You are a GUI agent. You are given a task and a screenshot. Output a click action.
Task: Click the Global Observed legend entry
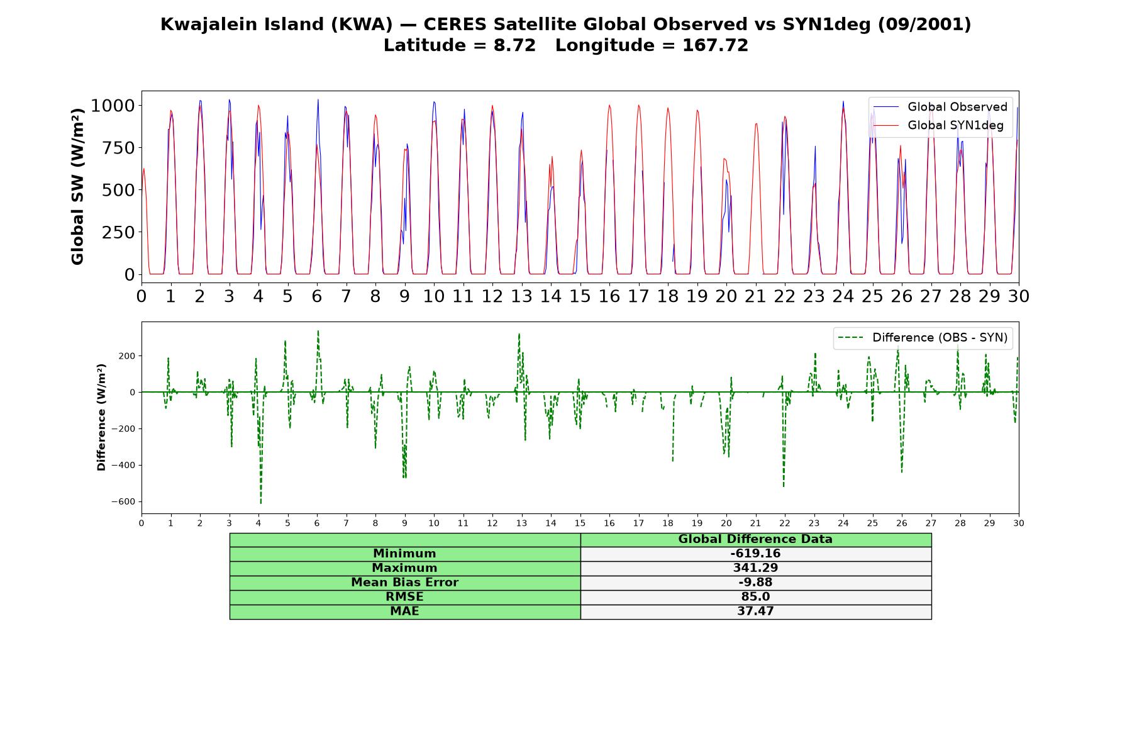tap(940, 107)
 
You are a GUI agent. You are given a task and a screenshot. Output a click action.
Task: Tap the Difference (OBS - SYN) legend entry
tap(923, 338)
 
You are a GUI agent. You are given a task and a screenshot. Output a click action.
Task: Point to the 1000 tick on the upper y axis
tap(113, 106)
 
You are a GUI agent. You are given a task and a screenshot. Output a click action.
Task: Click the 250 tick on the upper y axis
tap(118, 232)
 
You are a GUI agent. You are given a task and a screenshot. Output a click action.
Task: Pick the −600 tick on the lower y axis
tap(123, 502)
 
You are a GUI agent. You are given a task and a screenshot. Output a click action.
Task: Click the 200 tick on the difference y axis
tap(128, 356)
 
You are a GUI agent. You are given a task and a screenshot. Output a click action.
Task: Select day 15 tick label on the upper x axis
tap(580, 296)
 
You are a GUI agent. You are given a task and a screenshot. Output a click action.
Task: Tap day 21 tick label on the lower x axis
tap(755, 523)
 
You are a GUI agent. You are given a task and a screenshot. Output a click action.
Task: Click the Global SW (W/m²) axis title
tap(78, 187)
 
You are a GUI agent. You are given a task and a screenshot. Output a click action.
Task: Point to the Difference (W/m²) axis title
tap(101, 418)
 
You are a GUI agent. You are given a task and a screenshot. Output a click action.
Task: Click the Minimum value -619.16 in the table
tap(755, 554)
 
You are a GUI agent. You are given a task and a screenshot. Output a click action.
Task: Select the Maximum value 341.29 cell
tap(755, 568)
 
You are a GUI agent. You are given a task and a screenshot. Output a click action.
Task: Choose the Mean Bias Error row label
tap(404, 583)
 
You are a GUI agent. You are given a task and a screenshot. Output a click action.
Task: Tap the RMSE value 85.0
tap(755, 597)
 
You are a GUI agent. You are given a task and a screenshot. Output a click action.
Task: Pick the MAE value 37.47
tap(755, 612)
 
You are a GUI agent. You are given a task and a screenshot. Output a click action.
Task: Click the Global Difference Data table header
tap(755, 539)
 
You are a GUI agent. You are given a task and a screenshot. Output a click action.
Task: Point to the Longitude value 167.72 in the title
tap(715, 46)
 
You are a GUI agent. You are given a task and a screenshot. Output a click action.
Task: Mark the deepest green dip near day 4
tap(260, 503)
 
